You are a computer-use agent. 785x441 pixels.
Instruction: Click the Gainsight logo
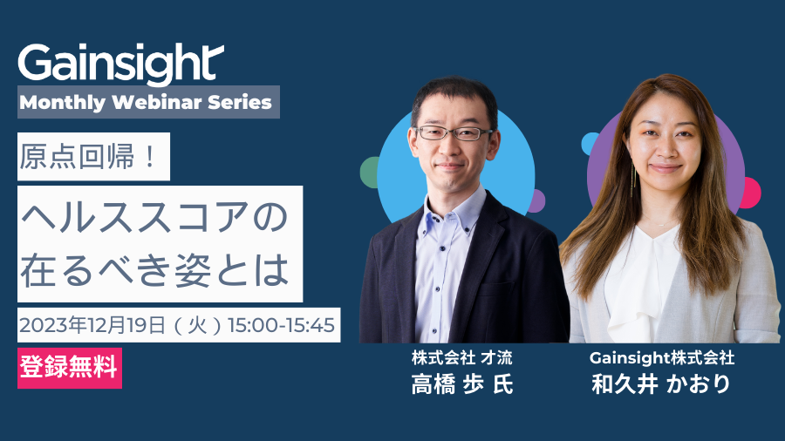click(120, 63)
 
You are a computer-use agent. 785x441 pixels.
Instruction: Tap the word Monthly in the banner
click(63, 103)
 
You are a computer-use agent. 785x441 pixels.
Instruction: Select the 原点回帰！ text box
click(93, 157)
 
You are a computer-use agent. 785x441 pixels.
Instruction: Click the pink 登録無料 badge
click(70, 368)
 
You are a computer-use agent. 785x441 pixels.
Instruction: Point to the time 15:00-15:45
click(282, 325)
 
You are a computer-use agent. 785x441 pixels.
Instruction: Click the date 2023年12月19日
click(92, 325)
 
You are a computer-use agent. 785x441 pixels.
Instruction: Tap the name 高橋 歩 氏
click(462, 384)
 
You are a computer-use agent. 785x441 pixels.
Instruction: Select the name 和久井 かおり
click(661, 384)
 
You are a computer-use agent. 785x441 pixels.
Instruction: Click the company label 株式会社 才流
click(462, 357)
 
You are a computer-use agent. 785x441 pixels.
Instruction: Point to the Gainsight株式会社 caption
click(662, 357)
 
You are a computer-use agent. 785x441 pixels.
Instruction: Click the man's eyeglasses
click(453, 133)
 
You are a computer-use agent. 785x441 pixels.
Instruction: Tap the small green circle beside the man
click(370, 173)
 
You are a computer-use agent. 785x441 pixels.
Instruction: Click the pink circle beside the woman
click(752, 193)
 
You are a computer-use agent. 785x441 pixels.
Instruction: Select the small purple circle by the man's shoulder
click(537, 200)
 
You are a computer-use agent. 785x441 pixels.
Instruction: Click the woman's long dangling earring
click(633, 180)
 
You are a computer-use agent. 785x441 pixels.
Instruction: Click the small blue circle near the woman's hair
click(590, 144)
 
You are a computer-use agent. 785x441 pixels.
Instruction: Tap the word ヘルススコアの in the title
click(154, 218)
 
